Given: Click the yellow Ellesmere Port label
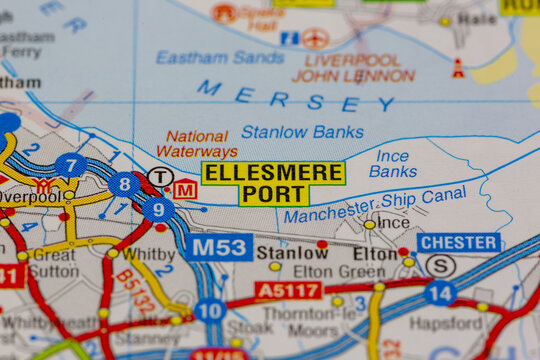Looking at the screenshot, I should click(273, 184).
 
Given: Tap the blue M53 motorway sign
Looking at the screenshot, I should click(218, 247).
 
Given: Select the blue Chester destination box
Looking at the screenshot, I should click(459, 243).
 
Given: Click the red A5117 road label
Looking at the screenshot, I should click(288, 290).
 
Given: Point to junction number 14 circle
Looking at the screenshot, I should click(440, 293).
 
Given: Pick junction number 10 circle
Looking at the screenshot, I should click(209, 310).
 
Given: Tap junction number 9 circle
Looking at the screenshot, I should click(158, 209).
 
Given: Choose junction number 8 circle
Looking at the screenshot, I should click(124, 184).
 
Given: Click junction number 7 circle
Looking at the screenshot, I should click(70, 165).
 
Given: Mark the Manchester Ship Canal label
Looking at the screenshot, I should click(374, 205).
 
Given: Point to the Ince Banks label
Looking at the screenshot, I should click(392, 163).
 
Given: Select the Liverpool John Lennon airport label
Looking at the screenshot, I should click(353, 67).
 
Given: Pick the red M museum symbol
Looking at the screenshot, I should click(185, 189).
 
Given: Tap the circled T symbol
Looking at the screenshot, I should click(160, 177).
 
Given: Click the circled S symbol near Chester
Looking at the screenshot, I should click(441, 266).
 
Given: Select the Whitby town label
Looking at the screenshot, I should click(149, 255).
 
